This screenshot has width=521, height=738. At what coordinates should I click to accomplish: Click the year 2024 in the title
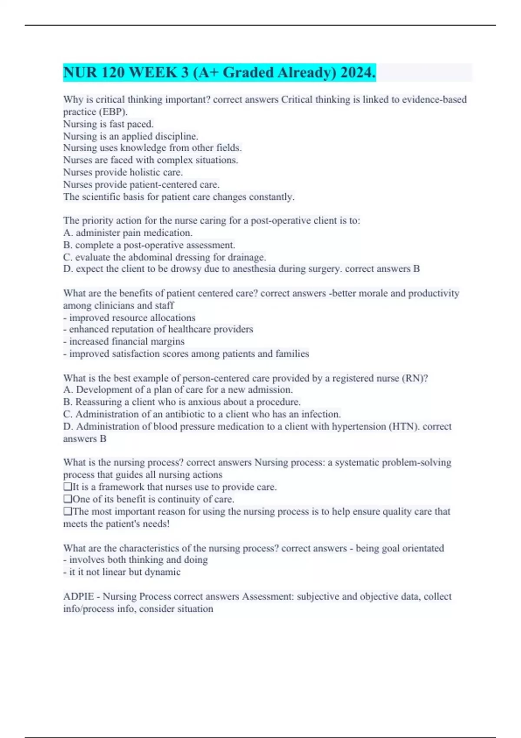click(x=358, y=72)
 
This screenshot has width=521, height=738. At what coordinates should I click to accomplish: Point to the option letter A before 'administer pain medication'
click(x=67, y=233)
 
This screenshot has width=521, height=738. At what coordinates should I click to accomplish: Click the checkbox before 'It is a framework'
click(x=67, y=487)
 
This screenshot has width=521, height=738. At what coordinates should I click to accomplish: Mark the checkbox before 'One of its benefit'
click(x=67, y=499)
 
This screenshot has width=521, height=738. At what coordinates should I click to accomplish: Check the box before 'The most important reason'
click(x=67, y=511)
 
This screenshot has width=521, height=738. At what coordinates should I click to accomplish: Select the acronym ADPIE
click(x=79, y=596)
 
